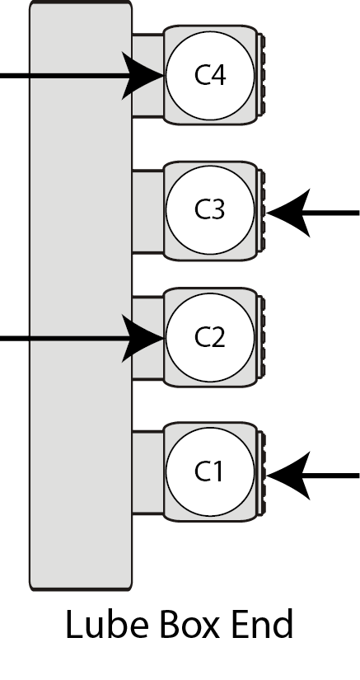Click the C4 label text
click(210, 75)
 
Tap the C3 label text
click(210, 209)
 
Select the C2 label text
click(210, 337)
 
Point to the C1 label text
click(208, 471)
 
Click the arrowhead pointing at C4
click(142, 76)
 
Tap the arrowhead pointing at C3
click(288, 213)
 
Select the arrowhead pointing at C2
click(142, 338)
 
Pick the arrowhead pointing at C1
click(288, 476)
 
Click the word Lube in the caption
click(108, 624)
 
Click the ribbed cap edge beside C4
click(261, 75)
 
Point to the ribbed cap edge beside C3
click(261, 211)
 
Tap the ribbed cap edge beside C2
click(261, 337)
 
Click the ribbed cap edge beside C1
click(261, 474)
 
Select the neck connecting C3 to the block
click(147, 212)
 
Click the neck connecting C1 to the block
click(147, 473)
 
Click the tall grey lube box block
click(81, 296)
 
